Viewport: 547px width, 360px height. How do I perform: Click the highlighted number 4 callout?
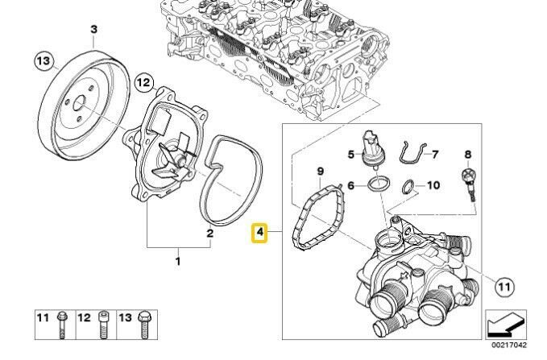click(x=259, y=234)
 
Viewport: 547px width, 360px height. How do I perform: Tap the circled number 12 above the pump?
click(x=143, y=81)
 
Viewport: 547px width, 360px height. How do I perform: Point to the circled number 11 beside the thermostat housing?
click(x=504, y=286)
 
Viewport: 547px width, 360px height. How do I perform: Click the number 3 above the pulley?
click(x=93, y=31)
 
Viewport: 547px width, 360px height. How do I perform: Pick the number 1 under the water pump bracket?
click(x=179, y=261)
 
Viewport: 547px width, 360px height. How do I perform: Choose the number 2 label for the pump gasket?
click(x=209, y=234)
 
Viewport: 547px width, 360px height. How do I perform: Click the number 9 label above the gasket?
click(x=319, y=172)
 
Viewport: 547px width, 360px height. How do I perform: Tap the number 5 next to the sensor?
click(x=351, y=153)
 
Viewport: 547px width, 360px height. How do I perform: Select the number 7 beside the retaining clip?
click(x=433, y=153)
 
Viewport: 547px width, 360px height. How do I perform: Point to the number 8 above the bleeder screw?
click(x=467, y=153)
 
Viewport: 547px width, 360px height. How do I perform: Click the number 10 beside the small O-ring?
click(x=433, y=185)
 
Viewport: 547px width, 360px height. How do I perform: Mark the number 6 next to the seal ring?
click(x=351, y=185)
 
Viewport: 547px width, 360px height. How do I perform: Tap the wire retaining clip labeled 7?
click(x=411, y=155)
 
